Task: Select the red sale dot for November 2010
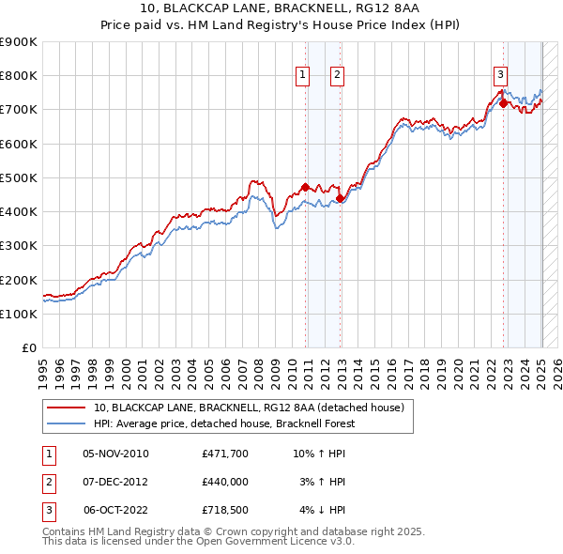(x=305, y=187)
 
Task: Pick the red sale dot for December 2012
(x=340, y=198)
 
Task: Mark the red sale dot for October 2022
(x=503, y=103)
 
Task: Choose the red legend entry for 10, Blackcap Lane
(x=249, y=408)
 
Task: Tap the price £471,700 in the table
(x=224, y=454)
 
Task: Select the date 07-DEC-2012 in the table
(x=116, y=482)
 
